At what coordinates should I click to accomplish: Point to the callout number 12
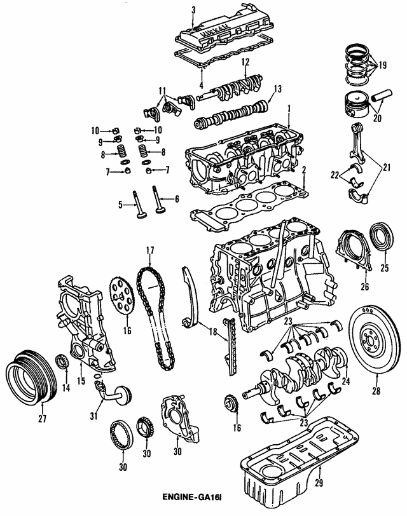(x=244, y=62)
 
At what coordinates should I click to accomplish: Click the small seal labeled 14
(x=63, y=363)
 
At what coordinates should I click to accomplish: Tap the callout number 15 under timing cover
(x=81, y=381)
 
